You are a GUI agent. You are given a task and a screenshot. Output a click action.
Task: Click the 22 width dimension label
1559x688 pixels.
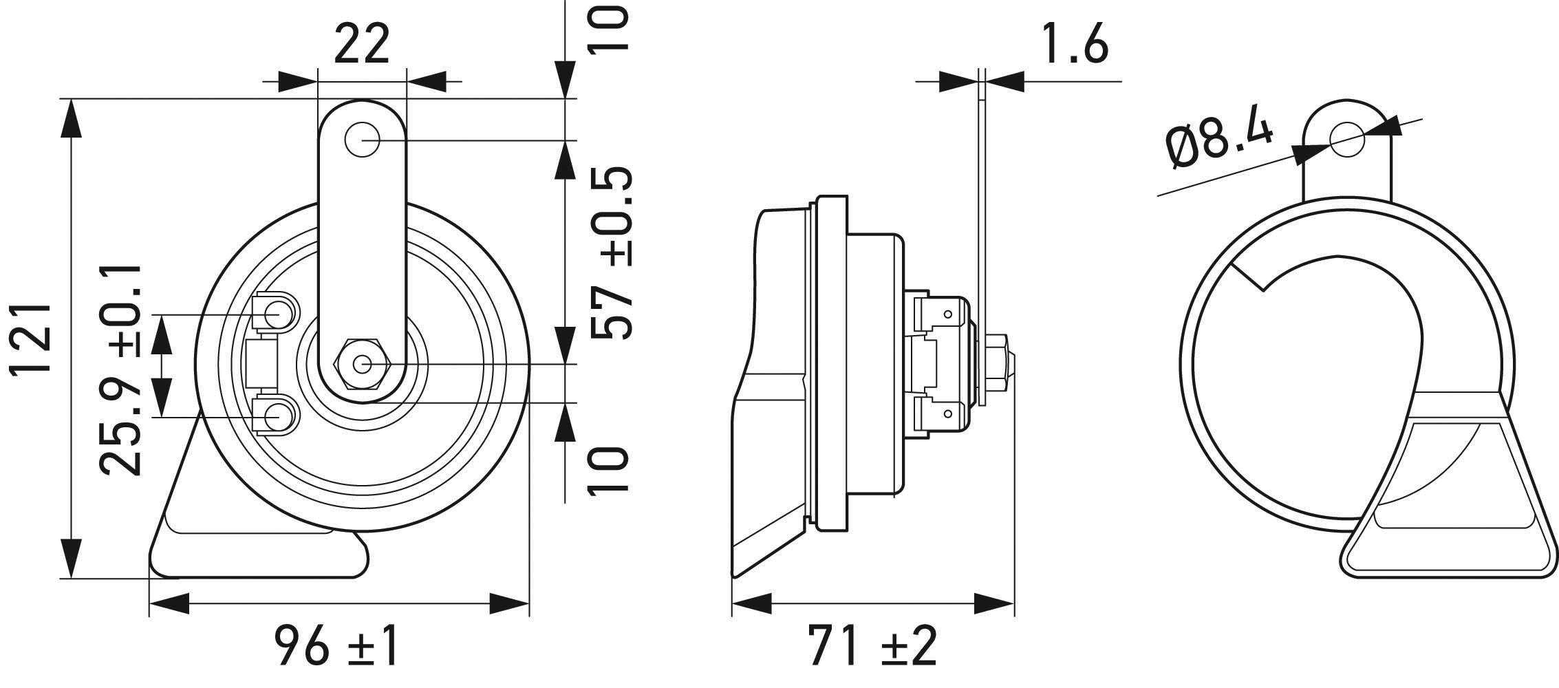coord(362,44)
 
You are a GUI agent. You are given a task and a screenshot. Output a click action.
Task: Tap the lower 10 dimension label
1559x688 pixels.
coord(610,471)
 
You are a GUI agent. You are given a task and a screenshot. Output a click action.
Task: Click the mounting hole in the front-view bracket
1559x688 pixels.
coord(363,140)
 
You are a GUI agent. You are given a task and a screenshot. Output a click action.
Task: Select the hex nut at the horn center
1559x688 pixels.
coord(363,365)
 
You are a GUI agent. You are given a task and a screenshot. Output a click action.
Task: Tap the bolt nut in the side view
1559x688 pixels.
coord(1002,365)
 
